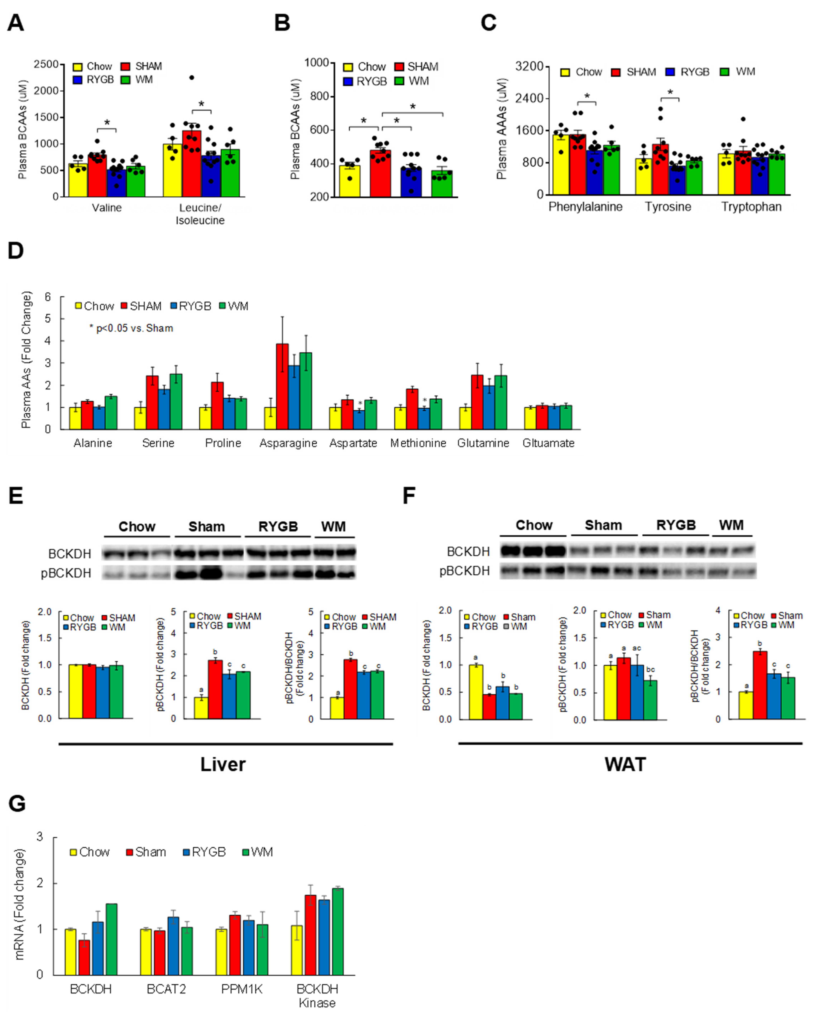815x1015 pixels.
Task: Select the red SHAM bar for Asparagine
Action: tap(282, 386)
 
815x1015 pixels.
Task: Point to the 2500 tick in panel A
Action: tap(46, 64)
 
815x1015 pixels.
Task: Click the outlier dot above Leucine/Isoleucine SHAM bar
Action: tap(192, 78)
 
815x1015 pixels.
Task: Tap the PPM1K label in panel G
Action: tap(242, 989)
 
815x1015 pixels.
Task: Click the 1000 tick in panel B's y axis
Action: tap(316, 63)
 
